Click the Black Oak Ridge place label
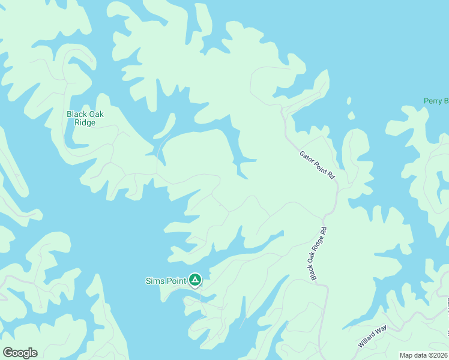[x=85, y=118]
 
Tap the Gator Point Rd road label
[x=317, y=164]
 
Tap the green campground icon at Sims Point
[x=195, y=280]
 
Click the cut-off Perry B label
[x=436, y=101]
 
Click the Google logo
[x=20, y=353]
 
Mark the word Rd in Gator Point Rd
[x=331, y=175]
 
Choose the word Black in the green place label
[x=77, y=114]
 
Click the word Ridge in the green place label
[x=85, y=123]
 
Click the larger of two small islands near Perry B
[x=351, y=115]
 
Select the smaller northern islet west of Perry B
[x=349, y=100]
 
